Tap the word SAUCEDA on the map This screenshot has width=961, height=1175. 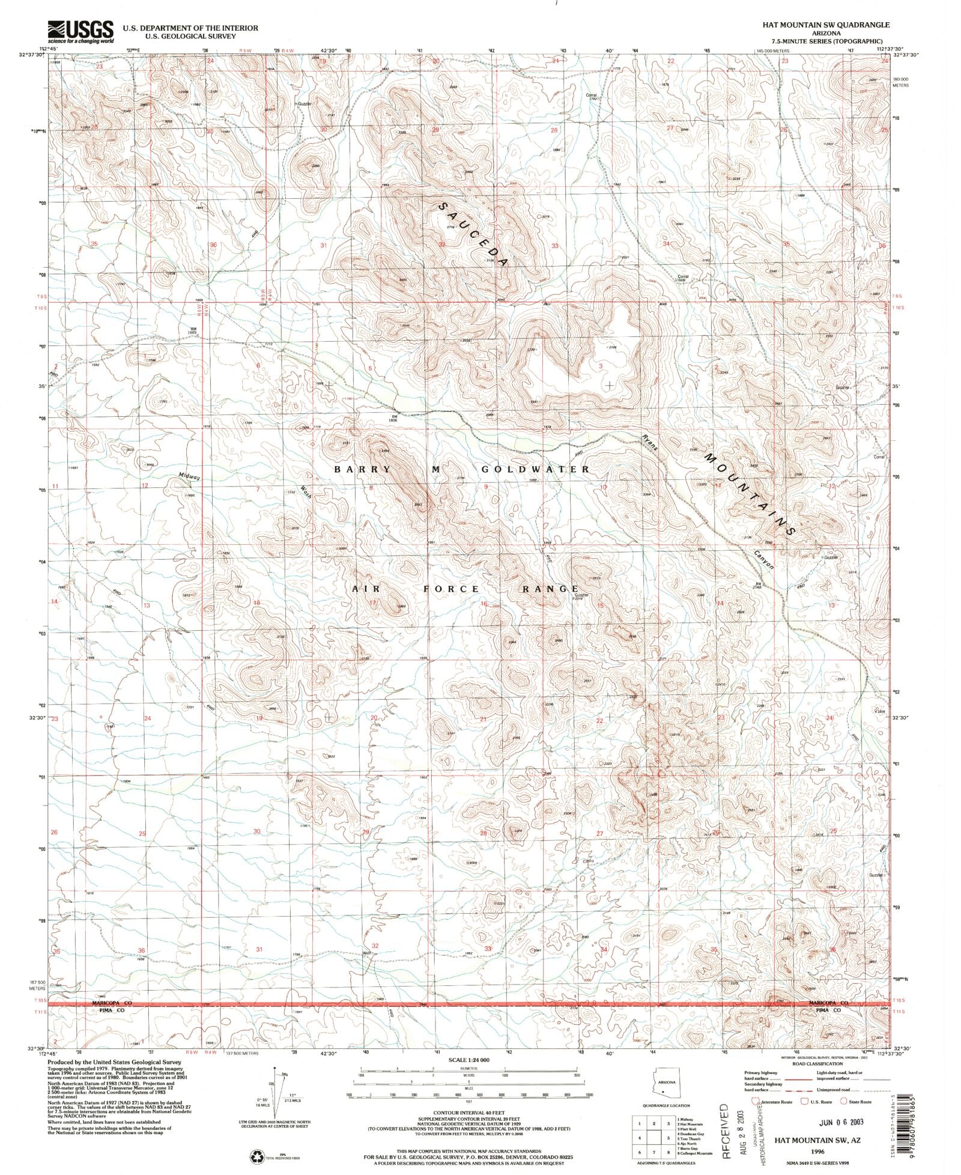point(474,235)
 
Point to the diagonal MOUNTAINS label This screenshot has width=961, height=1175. point(751,495)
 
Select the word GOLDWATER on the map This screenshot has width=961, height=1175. point(535,469)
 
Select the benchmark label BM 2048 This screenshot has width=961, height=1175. point(757,585)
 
